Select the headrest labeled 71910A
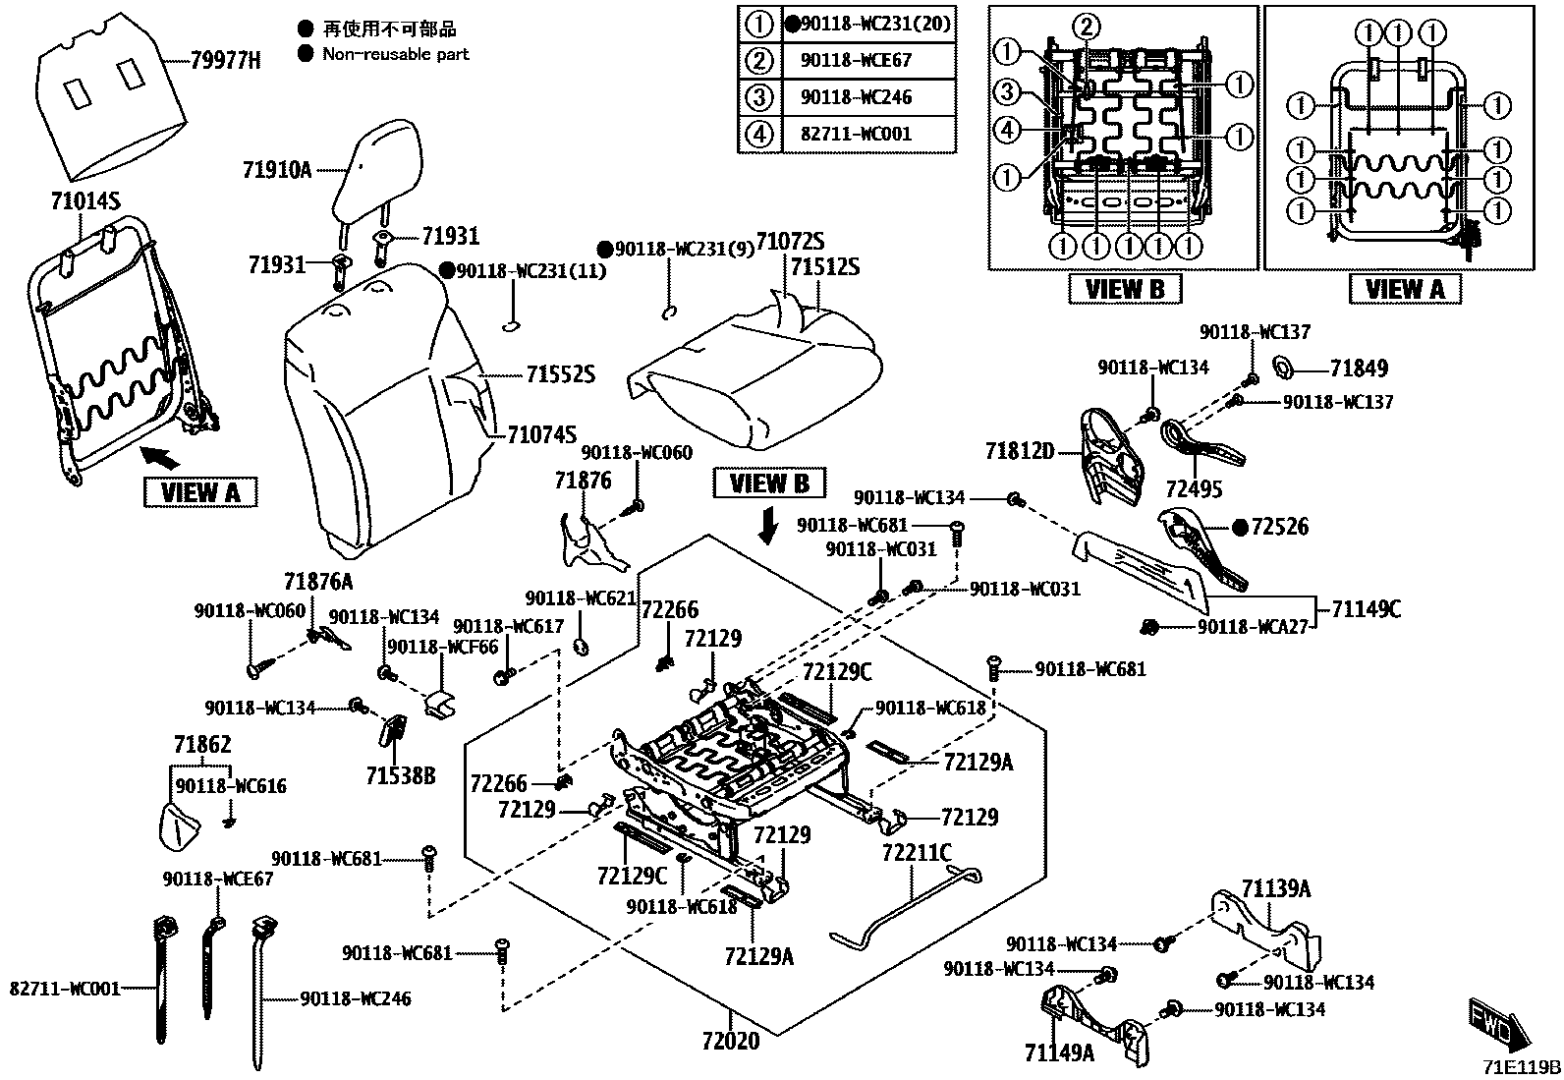[x=377, y=177]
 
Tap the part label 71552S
[x=561, y=374]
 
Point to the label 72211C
[x=917, y=853]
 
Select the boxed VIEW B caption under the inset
[x=1125, y=288]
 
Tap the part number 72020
[x=730, y=1039]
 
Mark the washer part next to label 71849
[x=1282, y=369]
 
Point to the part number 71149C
[x=1366, y=609]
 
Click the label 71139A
[x=1275, y=889]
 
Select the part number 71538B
[x=401, y=776]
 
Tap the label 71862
[x=202, y=744]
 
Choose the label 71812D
[x=1020, y=451]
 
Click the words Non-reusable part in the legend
[x=396, y=54]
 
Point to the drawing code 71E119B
[x=1522, y=1067]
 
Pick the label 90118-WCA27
[x=1253, y=626]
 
